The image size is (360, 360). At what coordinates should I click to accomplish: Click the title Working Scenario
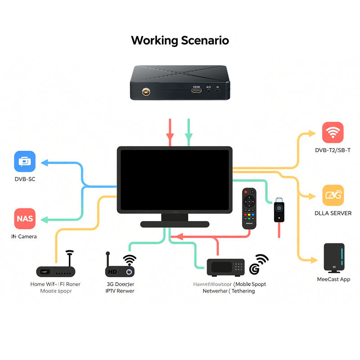click(x=180, y=40)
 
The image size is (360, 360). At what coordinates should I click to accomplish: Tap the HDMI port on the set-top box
click(x=196, y=91)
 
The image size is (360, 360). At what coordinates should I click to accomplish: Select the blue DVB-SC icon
click(x=25, y=162)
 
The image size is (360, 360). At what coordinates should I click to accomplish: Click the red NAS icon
click(x=25, y=219)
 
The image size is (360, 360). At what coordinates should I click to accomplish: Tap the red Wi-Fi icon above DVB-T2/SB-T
click(x=333, y=133)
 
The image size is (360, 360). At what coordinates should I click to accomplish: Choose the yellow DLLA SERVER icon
click(x=333, y=195)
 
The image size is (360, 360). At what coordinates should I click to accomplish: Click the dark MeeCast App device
click(x=334, y=258)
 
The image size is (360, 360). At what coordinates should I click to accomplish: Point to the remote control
click(x=249, y=208)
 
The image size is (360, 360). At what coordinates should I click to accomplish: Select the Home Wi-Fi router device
click(x=56, y=271)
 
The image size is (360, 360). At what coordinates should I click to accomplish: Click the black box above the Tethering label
click(x=225, y=267)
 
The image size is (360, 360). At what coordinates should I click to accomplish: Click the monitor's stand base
click(x=175, y=224)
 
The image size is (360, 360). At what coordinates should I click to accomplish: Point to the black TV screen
click(x=175, y=179)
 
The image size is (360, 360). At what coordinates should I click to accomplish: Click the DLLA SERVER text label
click(x=333, y=213)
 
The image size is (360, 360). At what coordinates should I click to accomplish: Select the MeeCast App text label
click(x=333, y=279)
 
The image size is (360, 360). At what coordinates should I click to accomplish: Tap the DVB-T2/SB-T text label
click(x=333, y=150)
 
